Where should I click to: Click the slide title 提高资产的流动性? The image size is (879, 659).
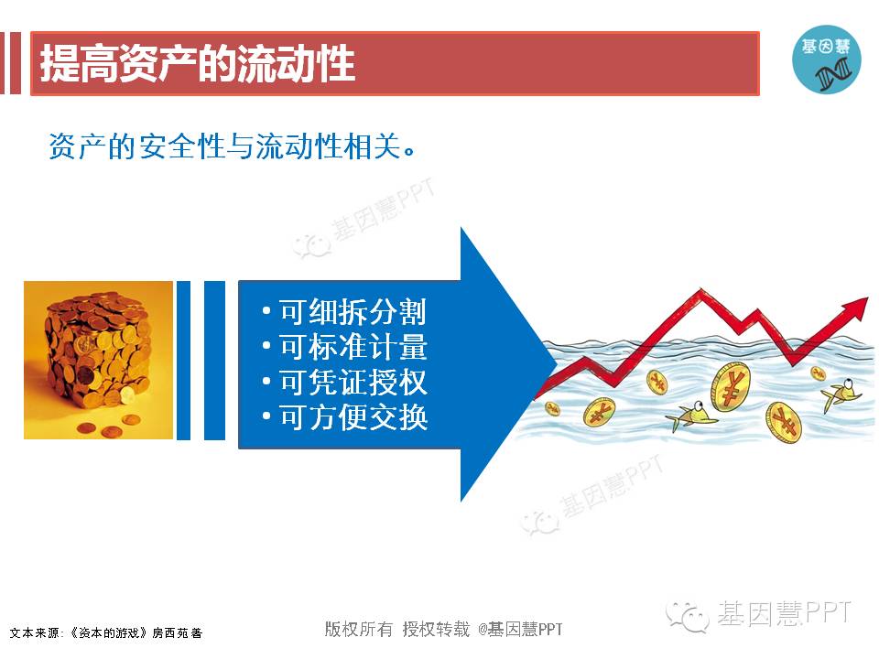click(198, 63)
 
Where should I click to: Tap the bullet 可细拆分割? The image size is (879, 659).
click(353, 311)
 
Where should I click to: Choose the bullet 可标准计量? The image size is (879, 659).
click(353, 347)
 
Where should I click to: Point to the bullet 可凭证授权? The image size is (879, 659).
click(353, 383)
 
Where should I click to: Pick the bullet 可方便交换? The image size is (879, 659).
click(353, 417)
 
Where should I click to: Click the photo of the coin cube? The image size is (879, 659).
click(98, 360)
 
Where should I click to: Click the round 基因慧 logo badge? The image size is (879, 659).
click(826, 59)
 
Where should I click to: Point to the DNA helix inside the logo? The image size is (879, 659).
click(833, 73)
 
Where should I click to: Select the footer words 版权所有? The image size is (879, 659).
click(358, 630)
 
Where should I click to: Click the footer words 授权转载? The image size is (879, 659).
click(436, 630)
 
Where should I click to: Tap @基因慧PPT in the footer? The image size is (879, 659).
click(520, 630)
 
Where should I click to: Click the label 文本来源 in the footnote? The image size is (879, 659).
click(34, 633)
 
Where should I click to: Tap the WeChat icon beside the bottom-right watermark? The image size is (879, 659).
click(687, 617)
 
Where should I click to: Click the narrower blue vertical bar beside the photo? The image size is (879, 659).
click(183, 361)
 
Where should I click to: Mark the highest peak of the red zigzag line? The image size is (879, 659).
click(700, 290)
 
